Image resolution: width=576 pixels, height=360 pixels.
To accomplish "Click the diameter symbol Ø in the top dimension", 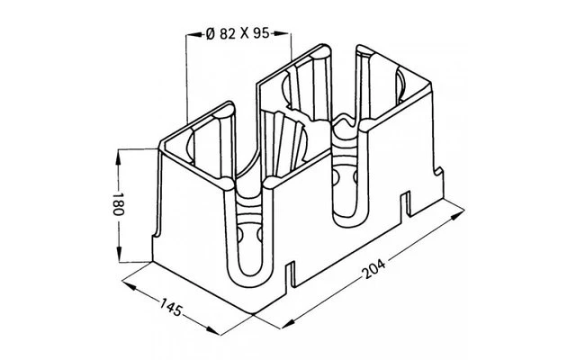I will tap(208, 34).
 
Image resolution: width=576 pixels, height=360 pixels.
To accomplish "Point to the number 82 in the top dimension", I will tap(225, 34).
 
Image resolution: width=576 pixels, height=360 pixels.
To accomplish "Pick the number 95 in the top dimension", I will tap(261, 34).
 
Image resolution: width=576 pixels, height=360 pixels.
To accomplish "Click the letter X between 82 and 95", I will tap(243, 34).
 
